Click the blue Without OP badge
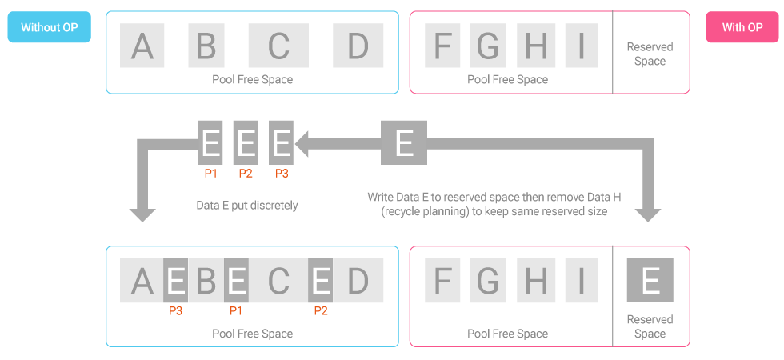(49, 27)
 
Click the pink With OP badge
(742, 27)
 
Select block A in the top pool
(142, 46)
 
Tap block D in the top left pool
(357, 46)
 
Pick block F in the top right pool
(443, 46)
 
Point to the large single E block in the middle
(404, 142)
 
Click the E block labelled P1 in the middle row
(210, 142)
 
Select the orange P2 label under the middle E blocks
(246, 173)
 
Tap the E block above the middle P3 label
(281, 142)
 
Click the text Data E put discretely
(247, 206)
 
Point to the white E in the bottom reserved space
(650, 280)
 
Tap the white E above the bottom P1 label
(236, 281)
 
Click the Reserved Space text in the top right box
(650, 54)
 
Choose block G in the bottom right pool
(488, 280)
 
